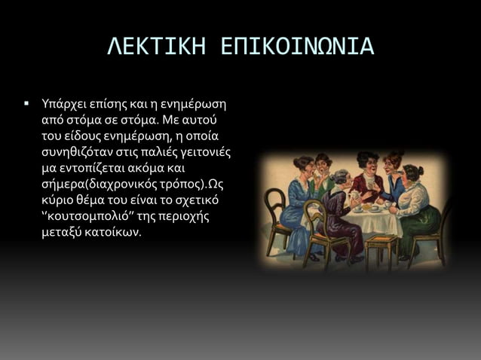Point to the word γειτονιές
click(x=205, y=152)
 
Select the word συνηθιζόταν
click(x=77, y=152)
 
